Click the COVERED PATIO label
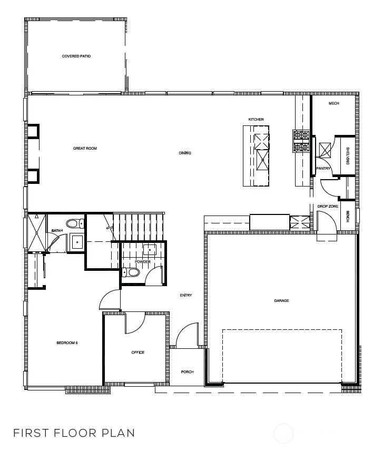(76, 56)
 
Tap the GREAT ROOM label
(85, 149)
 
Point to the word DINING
(185, 153)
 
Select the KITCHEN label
(256, 119)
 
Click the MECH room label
(333, 103)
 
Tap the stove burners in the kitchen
(301, 141)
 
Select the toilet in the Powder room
(131, 272)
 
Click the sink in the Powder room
(150, 250)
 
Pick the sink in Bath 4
(77, 242)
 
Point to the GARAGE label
(281, 300)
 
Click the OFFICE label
(138, 353)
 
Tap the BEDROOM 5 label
(67, 343)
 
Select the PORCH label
(188, 371)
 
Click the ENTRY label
(186, 295)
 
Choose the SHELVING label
(348, 156)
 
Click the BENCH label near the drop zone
(348, 217)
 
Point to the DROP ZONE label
(328, 206)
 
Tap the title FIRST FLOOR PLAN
(74, 433)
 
